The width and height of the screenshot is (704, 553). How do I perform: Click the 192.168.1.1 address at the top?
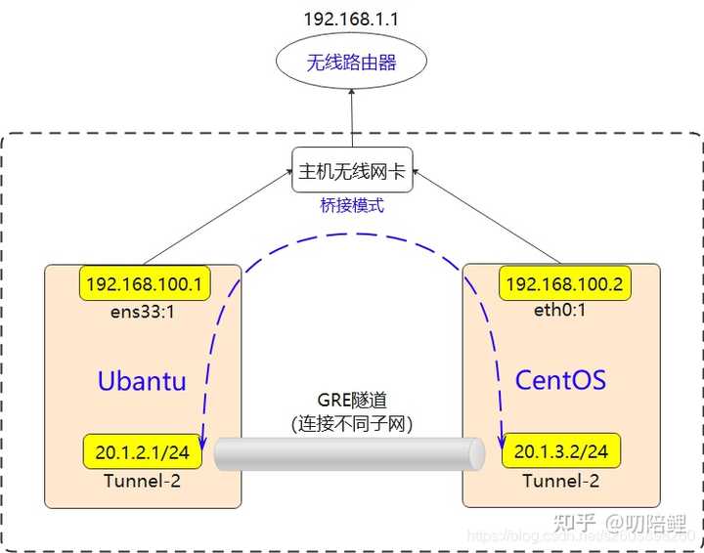pyautogui.click(x=351, y=18)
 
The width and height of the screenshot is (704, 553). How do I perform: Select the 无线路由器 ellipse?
pyautogui.click(x=351, y=64)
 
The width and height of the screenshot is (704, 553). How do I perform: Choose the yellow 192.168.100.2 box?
pyautogui.click(x=561, y=284)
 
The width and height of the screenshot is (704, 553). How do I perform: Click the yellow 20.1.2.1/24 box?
pyautogui.click(x=142, y=451)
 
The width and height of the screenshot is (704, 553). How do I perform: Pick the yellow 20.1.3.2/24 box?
pyautogui.click(x=560, y=451)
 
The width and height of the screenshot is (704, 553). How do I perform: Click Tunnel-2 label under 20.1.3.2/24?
pyautogui.click(x=560, y=480)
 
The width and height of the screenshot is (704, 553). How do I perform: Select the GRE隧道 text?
pyautogui.click(x=353, y=401)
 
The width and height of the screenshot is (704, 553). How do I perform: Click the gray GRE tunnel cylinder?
pyautogui.click(x=350, y=454)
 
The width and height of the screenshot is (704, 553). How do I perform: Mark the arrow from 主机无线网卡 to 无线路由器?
pyautogui.click(x=351, y=117)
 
